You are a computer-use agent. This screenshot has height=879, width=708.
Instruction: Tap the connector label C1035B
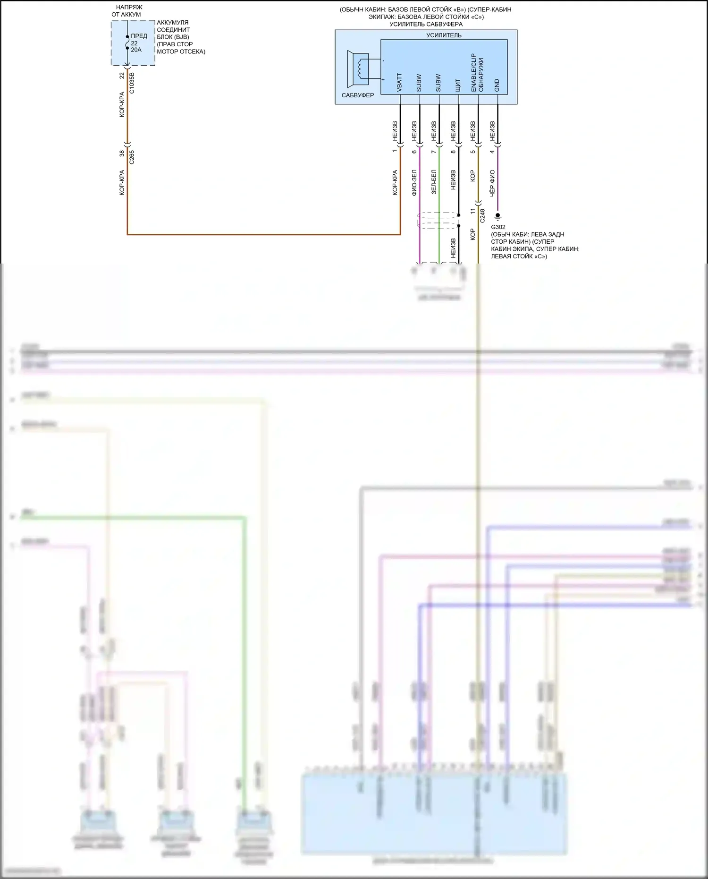(132, 83)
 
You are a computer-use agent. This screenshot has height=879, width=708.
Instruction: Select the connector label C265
(132, 157)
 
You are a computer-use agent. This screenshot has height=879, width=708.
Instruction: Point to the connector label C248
(482, 216)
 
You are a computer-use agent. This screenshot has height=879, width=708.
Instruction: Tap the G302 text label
(498, 227)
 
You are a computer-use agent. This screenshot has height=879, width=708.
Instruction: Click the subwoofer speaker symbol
(358, 68)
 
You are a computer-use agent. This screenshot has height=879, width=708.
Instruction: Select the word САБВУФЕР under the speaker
(358, 95)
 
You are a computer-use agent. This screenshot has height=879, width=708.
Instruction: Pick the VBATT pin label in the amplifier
(399, 82)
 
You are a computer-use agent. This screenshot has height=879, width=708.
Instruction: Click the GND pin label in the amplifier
(497, 85)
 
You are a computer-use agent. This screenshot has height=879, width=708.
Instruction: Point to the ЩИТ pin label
(457, 85)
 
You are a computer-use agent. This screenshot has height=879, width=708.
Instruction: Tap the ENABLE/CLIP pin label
(473, 72)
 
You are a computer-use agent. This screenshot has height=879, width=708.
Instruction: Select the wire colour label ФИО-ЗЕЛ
(414, 183)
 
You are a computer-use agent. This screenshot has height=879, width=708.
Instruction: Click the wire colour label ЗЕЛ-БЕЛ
(434, 182)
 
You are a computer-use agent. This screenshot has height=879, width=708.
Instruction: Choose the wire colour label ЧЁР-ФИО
(492, 183)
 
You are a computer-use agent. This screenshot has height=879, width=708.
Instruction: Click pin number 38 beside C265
(122, 154)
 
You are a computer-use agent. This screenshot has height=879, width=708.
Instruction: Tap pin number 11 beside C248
(472, 211)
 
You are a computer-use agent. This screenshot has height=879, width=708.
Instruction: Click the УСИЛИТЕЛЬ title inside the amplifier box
(444, 35)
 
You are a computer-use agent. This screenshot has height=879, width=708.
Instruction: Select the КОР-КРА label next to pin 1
(395, 183)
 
